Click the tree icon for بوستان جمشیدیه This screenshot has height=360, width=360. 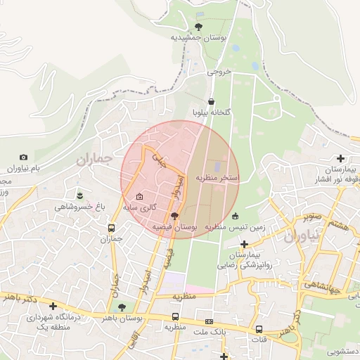coord(198,26)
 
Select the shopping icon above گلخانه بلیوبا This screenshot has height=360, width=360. coord(212,101)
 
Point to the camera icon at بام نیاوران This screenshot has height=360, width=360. coord(24,157)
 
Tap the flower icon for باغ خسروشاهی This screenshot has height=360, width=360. coord(79,194)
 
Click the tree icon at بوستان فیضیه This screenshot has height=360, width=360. coord(174,216)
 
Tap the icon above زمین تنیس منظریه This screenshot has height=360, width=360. coord(235,216)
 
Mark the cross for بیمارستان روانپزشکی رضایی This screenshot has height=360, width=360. coord(244,243)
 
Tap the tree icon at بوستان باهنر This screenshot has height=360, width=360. coord(122,307)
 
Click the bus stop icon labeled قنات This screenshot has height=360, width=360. coord(259,328)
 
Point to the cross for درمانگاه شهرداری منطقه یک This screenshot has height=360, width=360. coord(53,306)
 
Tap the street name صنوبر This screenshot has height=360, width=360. coord(309,217)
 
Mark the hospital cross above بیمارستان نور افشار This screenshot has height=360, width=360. coord(341,159)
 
